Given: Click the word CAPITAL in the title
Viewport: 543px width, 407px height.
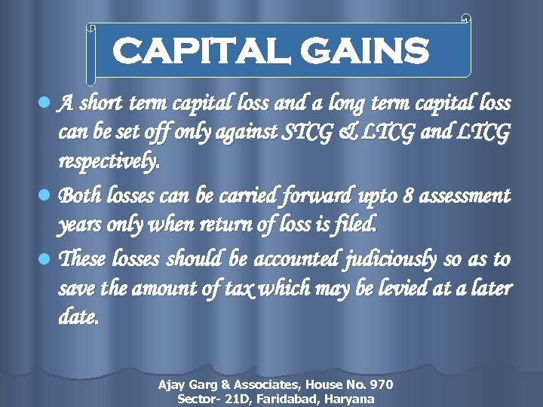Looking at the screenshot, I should point(198,52).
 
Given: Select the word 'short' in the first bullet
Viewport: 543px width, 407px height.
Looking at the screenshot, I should point(103,103).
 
